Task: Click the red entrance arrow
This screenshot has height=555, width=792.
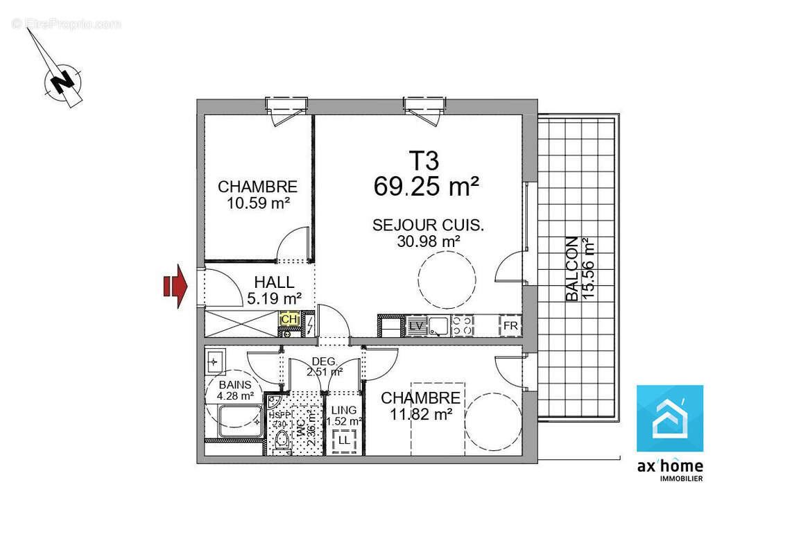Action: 175,285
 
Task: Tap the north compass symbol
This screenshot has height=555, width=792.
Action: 63,81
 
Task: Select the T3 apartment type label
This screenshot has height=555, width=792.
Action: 424,161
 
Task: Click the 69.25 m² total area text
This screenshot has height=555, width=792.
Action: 427,186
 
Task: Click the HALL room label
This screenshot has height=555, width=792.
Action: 274,283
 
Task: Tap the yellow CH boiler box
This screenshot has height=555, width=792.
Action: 289,319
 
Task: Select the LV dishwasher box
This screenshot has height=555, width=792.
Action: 416,325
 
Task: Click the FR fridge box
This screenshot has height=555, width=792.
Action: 510,325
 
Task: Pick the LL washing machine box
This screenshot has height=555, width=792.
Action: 345,439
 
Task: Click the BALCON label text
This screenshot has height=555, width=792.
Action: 572,269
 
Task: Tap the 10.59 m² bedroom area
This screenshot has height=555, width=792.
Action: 257,203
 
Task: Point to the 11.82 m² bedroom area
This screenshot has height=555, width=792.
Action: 420,414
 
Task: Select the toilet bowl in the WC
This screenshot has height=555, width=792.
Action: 282,439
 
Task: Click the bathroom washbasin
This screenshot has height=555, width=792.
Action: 214,361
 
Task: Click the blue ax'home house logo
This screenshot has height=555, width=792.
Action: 670,418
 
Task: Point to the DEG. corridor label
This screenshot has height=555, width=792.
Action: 325,361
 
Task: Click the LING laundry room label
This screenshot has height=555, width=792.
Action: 344,410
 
